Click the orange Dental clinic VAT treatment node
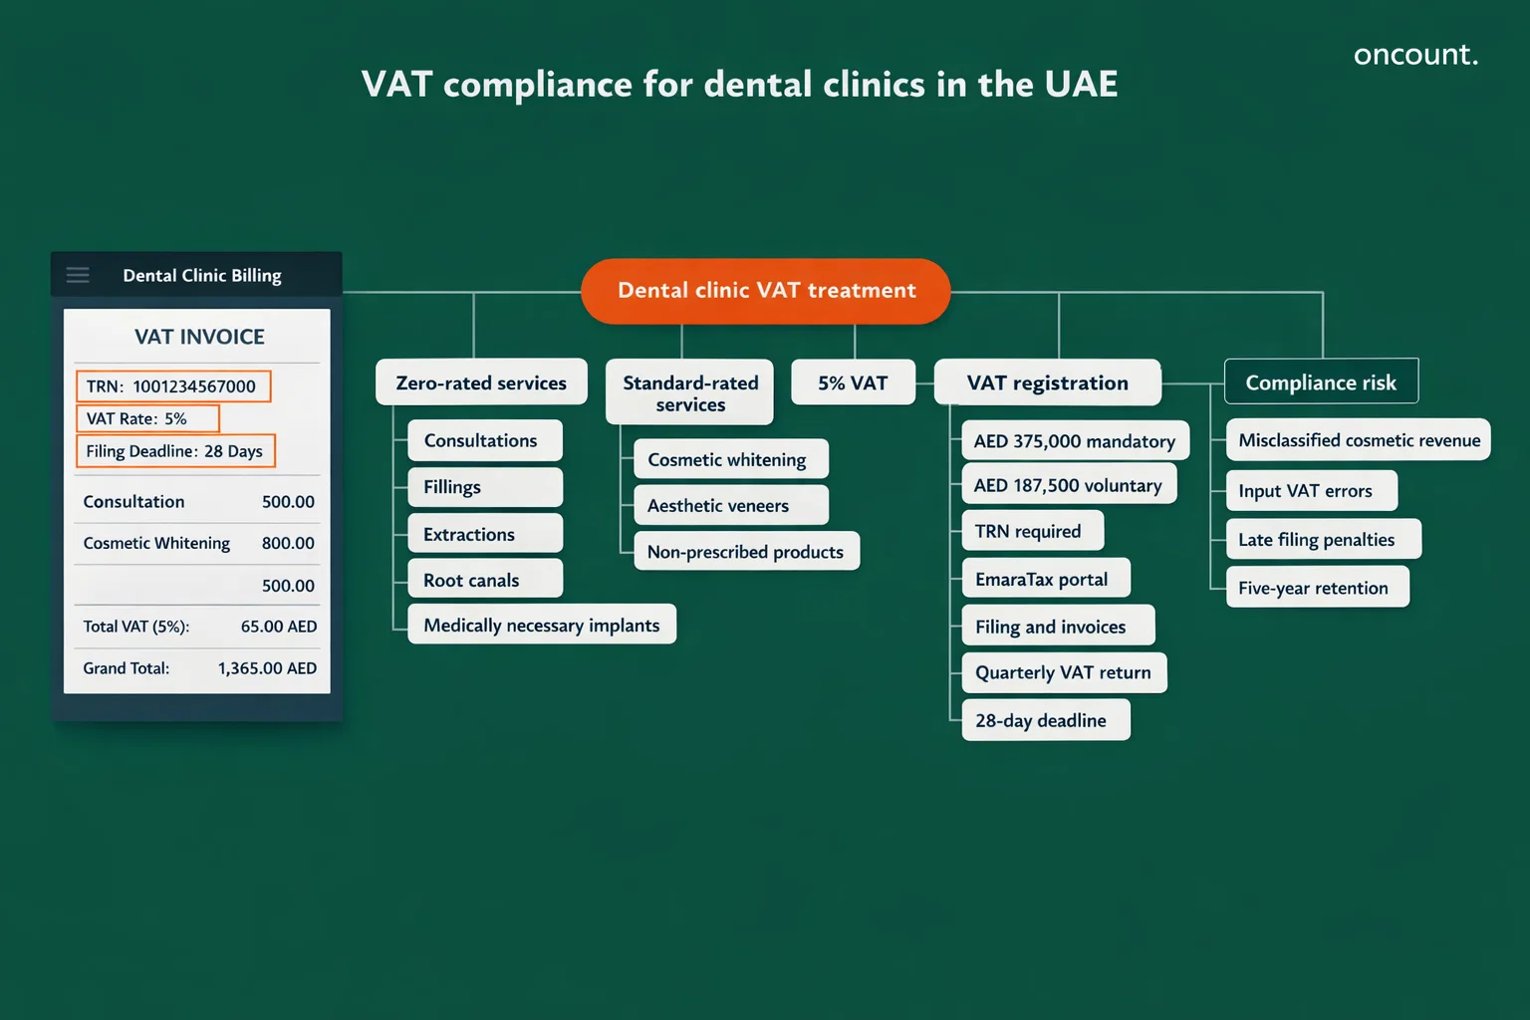(x=765, y=291)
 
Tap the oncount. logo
(x=1414, y=55)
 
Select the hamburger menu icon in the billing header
(x=78, y=275)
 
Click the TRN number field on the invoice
(x=173, y=386)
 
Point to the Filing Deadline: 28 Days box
(x=175, y=451)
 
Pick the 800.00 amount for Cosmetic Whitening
(x=288, y=543)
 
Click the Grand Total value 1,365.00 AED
(x=267, y=668)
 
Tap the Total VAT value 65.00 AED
(x=278, y=627)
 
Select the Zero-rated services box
(x=481, y=382)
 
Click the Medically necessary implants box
(x=542, y=625)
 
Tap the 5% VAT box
(x=853, y=382)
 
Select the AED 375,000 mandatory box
(x=1075, y=441)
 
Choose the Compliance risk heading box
(x=1321, y=382)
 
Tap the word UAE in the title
(x=1082, y=85)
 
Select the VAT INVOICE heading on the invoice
(x=199, y=337)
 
